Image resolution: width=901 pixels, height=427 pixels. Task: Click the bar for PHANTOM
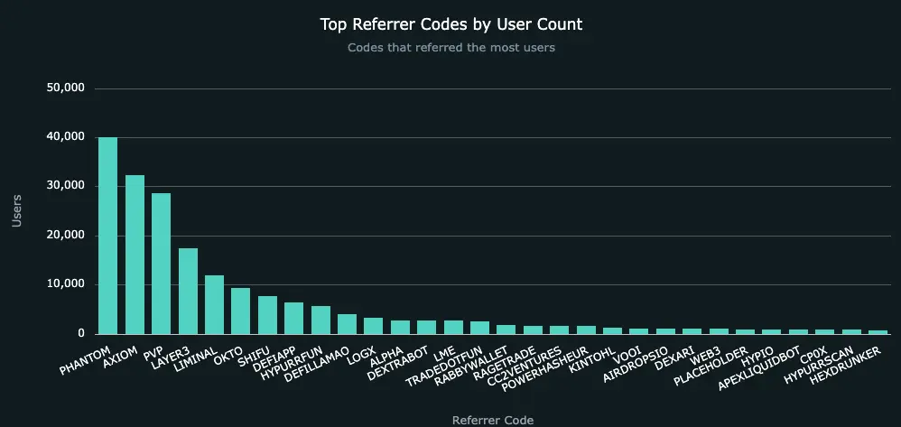[107, 236]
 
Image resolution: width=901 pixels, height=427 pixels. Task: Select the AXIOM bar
[135, 255]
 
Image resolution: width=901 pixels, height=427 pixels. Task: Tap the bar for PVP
[161, 264]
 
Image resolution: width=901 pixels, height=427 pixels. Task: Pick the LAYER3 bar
[188, 291]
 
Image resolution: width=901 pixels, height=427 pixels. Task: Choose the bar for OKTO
[240, 311]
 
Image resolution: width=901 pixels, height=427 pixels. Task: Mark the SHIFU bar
[267, 315]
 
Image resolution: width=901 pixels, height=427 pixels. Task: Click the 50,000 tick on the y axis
[65, 88]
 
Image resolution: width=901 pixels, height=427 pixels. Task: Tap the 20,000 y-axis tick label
[65, 236]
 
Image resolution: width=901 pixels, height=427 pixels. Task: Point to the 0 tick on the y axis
[79, 334]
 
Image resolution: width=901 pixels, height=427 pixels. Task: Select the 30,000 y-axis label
[65, 186]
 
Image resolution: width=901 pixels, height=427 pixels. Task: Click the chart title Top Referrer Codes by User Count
[450, 23]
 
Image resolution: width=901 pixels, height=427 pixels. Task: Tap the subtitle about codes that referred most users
[450, 48]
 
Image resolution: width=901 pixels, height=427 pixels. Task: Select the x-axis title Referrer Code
[492, 420]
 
